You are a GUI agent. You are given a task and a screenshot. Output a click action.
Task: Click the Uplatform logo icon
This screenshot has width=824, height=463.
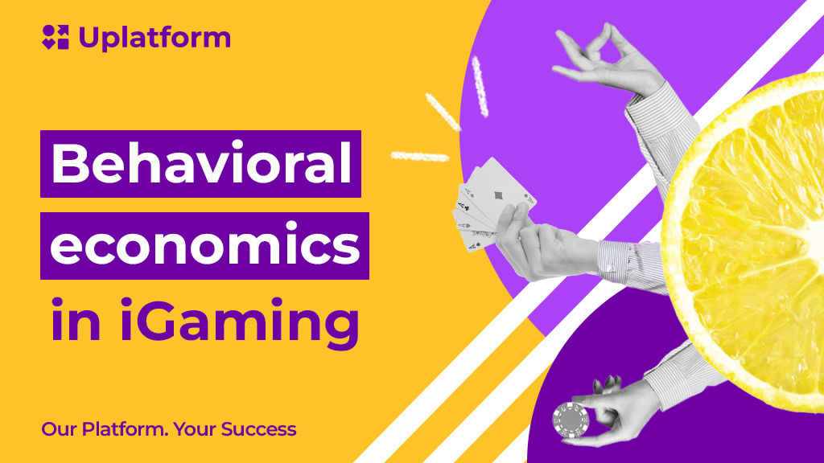pyautogui.click(x=56, y=37)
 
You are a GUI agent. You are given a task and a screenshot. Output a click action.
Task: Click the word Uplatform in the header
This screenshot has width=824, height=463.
pyautogui.click(x=154, y=38)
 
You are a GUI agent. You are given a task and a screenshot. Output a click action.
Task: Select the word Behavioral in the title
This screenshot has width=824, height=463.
pyautogui.click(x=200, y=163)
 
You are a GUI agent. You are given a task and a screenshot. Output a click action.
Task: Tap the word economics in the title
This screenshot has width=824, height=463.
pyautogui.click(x=205, y=244)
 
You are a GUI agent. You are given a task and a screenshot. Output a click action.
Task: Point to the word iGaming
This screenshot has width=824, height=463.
pyautogui.click(x=240, y=321)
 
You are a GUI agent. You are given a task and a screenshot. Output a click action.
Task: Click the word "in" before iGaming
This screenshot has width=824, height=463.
pyautogui.click(x=75, y=320)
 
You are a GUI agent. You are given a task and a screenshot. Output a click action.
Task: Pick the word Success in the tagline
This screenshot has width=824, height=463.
pyautogui.click(x=258, y=429)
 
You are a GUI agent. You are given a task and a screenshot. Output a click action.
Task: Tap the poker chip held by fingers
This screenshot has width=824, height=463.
pyautogui.click(x=571, y=420)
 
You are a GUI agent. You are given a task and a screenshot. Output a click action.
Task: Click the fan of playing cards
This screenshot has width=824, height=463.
pyautogui.click(x=492, y=205)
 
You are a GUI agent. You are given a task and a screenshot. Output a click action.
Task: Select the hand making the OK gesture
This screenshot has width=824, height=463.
pyautogui.click(x=607, y=60)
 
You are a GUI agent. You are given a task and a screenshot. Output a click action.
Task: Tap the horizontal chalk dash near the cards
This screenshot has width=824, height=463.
pyautogui.click(x=420, y=156)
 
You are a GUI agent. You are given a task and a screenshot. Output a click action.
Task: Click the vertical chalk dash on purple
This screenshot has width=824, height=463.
pyautogui.click(x=480, y=87)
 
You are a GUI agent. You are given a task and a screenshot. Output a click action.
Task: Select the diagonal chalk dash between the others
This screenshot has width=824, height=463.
pyautogui.click(x=443, y=112)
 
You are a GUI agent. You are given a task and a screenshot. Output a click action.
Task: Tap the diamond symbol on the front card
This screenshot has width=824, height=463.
pyautogui.click(x=498, y=196)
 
